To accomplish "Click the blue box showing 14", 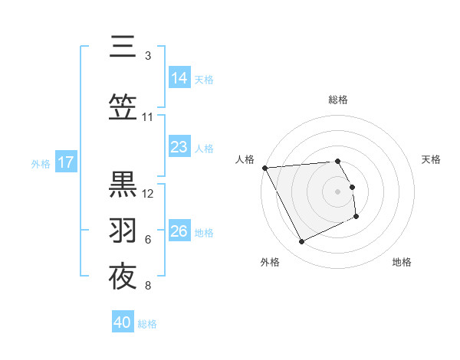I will (179, 77).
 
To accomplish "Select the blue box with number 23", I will (179, 146).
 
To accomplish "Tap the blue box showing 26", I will (179, 231).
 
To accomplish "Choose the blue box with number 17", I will (65, 162).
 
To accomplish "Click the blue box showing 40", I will (123, 322).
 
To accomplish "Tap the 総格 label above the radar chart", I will (338, 100).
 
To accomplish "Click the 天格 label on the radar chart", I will (431, 159).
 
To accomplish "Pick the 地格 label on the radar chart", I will (402, 262).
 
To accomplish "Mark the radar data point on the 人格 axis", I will (264, 168).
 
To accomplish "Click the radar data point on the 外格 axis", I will (301, 242).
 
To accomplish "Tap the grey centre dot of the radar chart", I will (338, 191).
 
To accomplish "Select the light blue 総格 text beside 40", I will (147, 324).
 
